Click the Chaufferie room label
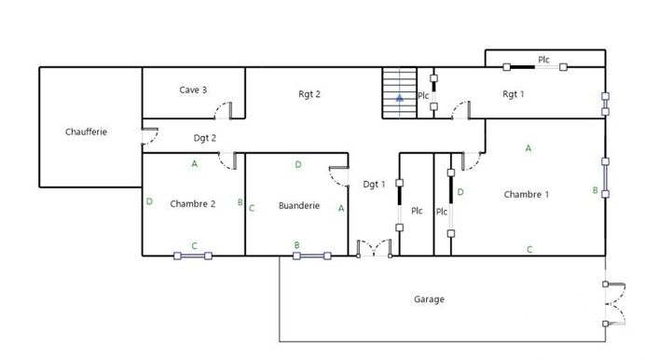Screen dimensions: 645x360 coord(86,132)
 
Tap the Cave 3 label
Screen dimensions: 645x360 coord(193,90)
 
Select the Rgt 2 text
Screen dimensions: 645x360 coord(309,94)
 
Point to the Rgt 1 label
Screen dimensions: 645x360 coord(514,94)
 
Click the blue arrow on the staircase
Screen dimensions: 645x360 coord(400,98)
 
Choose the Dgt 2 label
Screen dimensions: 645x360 coord(205,138)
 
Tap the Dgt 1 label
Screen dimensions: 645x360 coord(374,185)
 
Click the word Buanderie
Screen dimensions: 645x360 coord(299,206)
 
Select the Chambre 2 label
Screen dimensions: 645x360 coord(193,204)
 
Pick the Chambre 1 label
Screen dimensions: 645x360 coord(527,194)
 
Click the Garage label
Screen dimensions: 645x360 coord(429,299)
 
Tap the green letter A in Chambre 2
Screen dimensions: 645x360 coord(195,164)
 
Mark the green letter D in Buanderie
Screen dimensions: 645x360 coord(298,165)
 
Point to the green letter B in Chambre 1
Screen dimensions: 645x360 coord(596,190)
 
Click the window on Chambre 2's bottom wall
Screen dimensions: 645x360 coord(193,256)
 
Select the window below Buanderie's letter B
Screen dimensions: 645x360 coord(312,256)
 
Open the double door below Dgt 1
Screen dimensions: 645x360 coord(375,248)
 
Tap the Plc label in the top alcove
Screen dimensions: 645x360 coord(543,60)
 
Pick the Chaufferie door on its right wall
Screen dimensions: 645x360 coord(150,136)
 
